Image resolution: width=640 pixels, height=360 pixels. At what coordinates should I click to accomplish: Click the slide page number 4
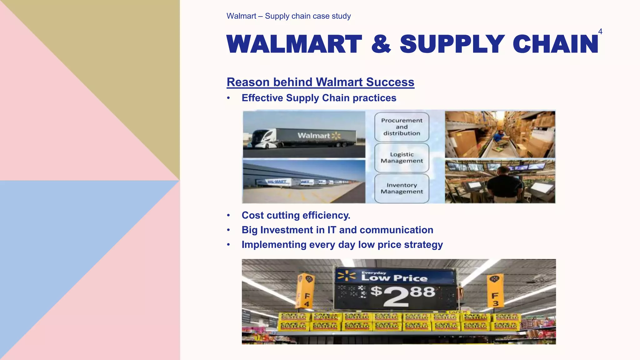pos(600,32)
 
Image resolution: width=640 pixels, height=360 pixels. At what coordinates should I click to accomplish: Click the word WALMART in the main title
pos(294,44)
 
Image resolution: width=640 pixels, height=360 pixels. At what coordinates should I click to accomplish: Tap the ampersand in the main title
pos(381,44)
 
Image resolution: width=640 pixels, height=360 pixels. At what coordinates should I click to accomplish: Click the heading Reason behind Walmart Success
pos(320,82)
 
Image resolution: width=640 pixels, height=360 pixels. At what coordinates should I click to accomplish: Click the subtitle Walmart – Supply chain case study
pos(288,16)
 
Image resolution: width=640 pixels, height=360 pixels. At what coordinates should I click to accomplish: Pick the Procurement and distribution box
pos(402,127)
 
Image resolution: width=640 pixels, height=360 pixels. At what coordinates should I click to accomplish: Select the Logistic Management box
pos(402,157)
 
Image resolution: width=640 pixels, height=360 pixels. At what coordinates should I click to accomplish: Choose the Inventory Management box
pos(402,188)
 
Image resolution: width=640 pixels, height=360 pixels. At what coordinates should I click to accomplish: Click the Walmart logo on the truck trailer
pos(319,136)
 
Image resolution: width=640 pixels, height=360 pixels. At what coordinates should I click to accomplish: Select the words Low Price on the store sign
pos(394,278)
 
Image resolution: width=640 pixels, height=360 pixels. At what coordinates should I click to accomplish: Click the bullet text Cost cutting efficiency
pos(296,215)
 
